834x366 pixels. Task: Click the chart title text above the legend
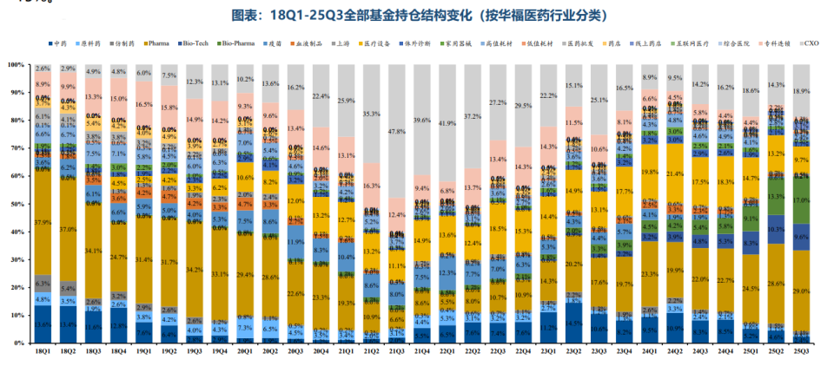pos(418,16)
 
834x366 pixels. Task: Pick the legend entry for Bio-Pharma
pos(237,42)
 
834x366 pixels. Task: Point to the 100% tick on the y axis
pos(16,65)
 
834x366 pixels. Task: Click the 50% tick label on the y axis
pos(17,204)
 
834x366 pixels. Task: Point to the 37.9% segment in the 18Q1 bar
pos(43,222)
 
